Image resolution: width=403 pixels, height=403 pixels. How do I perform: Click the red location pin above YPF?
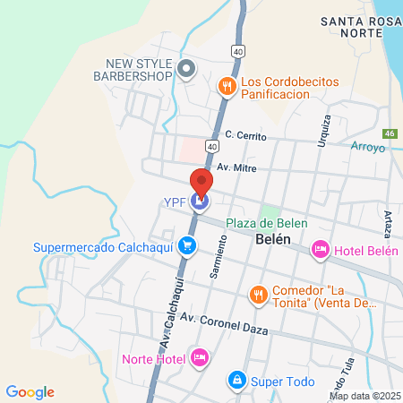tap(201, 183)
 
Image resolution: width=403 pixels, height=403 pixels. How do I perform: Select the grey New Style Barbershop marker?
tap(186, 68)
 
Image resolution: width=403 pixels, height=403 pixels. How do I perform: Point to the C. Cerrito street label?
tap(245, 134)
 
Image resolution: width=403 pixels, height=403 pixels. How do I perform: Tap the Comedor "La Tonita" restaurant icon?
tap(258, 294)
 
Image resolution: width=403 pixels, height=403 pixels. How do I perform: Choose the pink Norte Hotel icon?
tap(201, 359)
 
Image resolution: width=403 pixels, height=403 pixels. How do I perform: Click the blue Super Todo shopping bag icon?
tap(236, 382)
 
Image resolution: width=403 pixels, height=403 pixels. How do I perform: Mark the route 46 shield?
tap(389, 133)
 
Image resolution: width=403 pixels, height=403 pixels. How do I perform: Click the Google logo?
tap(30, 392)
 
